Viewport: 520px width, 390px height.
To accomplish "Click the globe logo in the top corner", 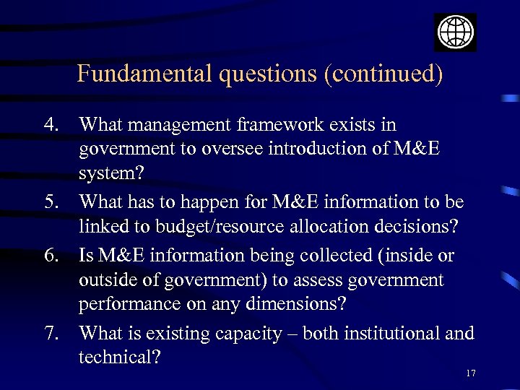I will [x=455, y=32].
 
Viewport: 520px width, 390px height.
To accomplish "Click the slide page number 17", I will [x=471, y=373].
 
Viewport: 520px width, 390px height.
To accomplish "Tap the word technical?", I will [x=120, y=357].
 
